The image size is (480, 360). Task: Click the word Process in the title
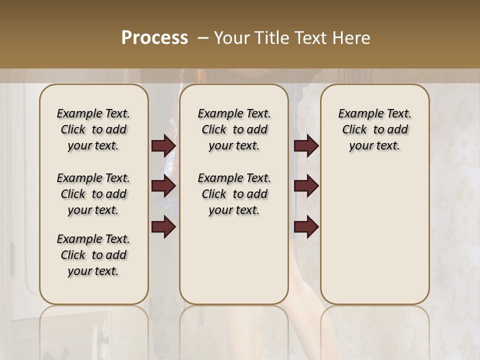pyautogui.click(x=154, y=38)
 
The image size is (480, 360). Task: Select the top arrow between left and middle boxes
pyautogui.click(x=163, y=146)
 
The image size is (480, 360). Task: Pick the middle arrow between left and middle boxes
pyautogui.click(x=163, y=186)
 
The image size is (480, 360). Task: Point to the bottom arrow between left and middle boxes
pyautogui.click(x=163, y=227)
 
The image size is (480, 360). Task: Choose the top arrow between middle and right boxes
pyautogui.click(x=306, y=146)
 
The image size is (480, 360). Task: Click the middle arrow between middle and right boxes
pyautogui.click(x=306, y=186)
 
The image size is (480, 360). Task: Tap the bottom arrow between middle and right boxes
pyautogui.click(x=306, y=227)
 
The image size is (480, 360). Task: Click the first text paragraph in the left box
pyautogui.click(x=93, y=129)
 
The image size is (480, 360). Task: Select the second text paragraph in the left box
pyautogui.click(x=93, y=194)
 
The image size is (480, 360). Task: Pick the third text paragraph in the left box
pyautogui.click(x=93, y=255)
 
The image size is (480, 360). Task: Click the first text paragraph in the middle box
pyautogui.click(x=234, y=129)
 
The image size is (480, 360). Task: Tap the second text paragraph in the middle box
pyautogui.click(x=234, y=194)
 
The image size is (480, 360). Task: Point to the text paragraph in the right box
pyautogui.click(x=374, y=129)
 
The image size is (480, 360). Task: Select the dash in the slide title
pyautogui.click(x=202, y=38)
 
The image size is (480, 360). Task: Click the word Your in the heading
pyautogui.click(x=229, y=38)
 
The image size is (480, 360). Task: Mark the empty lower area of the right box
pyautogui.click(x=374, y=235)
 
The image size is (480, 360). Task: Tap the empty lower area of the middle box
pyautogui.click(x=234, y=260)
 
